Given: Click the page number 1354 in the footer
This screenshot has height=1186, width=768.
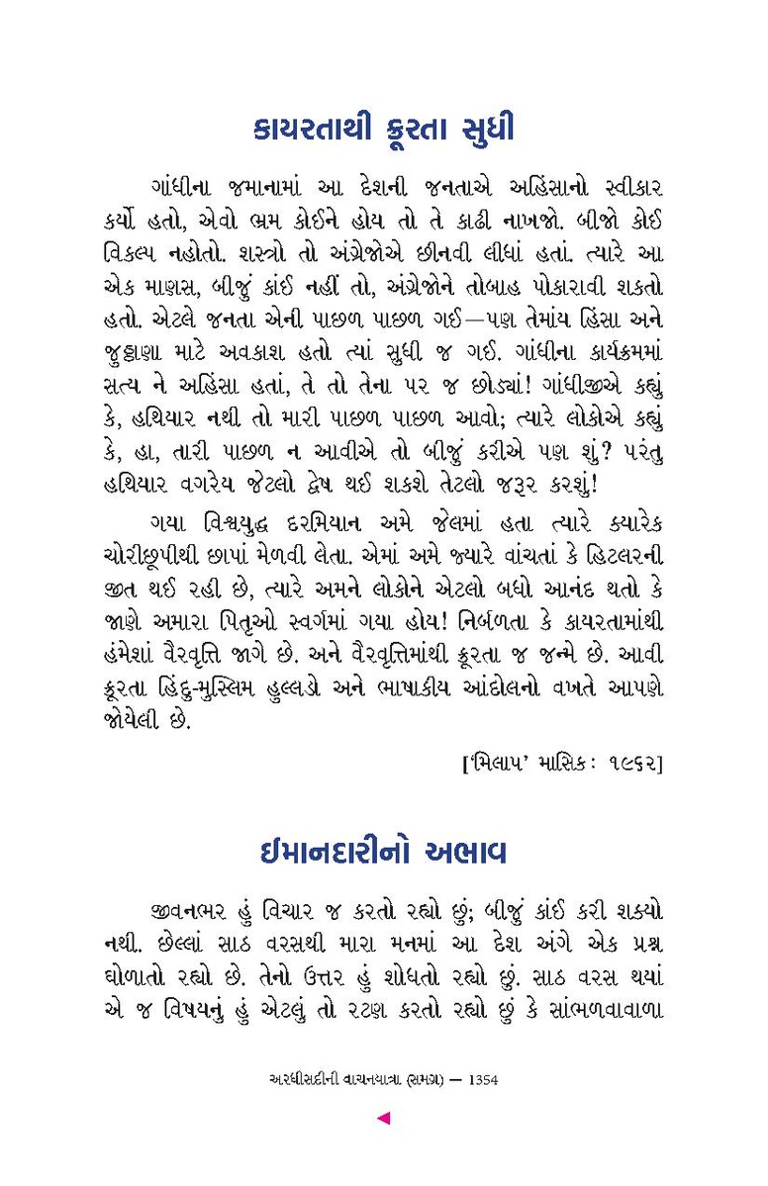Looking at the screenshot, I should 479,1080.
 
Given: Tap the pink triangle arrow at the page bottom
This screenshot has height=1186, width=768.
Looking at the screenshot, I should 384,1118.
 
